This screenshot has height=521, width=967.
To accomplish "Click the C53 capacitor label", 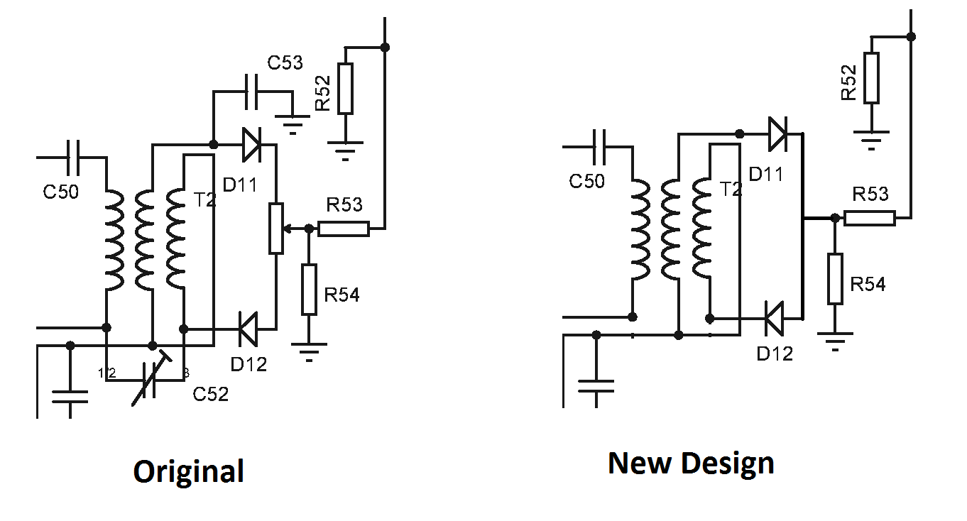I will [285, 62].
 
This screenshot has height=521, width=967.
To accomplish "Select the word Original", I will [188, 471].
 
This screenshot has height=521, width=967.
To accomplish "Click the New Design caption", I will [691, 463].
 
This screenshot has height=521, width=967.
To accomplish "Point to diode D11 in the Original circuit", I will [251, 145].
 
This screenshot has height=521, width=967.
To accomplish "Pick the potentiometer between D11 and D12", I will [276, 228].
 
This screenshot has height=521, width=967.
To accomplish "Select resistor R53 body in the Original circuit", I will [344, 229].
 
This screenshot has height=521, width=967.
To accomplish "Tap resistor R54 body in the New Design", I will [835, 278].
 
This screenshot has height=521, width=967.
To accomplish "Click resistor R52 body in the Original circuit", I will [345, 88].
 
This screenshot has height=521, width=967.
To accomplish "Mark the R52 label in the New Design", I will [848, 82].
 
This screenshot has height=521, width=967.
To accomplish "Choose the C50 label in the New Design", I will [586, 181].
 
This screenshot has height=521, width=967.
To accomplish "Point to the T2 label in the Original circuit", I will [204, 199].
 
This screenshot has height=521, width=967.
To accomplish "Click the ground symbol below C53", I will [292, 126].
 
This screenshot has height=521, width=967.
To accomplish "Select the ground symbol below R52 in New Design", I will [870, 139].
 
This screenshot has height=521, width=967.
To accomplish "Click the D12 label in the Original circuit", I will [248, 363].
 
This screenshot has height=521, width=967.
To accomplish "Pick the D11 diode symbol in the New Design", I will [777, 133].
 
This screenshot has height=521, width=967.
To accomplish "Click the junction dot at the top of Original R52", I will [384, 48].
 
